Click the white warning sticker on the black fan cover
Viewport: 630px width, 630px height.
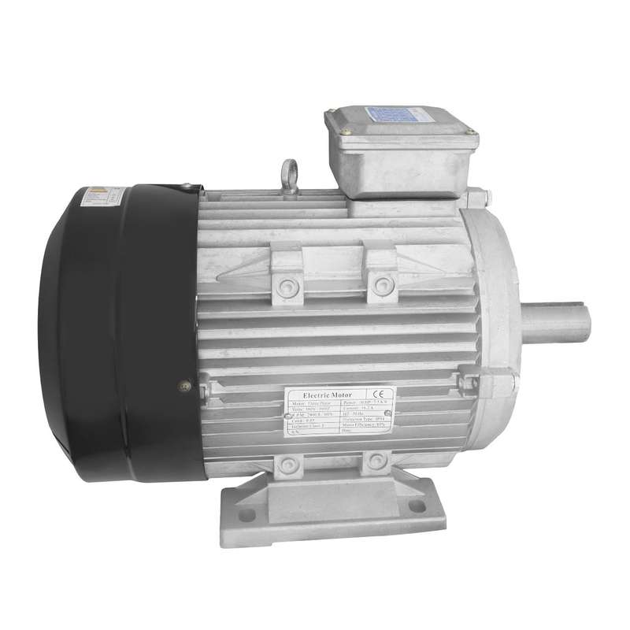pyautogui.click(x=102, y=196)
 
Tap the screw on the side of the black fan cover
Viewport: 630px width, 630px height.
pyautogui.click(x=184, y=386)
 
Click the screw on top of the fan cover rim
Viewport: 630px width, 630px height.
pyautogui.click(x=187, y=187)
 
